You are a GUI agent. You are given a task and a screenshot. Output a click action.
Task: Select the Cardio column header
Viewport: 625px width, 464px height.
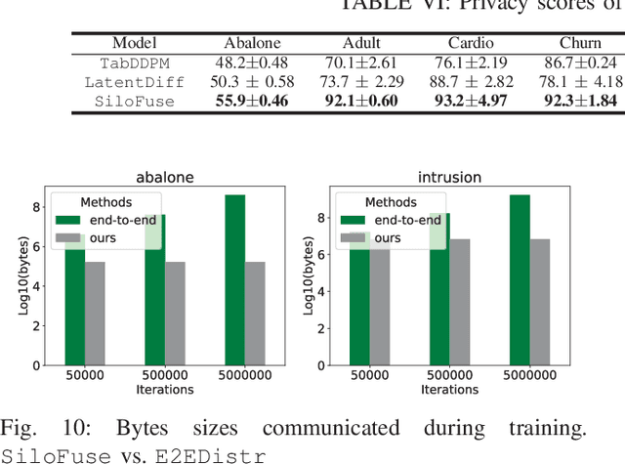click(x=471, y=43)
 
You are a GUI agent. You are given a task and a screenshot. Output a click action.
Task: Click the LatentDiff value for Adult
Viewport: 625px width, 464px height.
click(x=362, y=81)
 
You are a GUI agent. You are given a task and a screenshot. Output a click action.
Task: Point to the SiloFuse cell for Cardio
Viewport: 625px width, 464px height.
click(x=471, y=100)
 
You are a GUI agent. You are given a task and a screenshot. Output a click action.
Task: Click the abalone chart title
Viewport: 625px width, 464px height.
click(x=164, y=179)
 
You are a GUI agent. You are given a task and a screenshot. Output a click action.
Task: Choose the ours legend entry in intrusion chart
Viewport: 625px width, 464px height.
click(x=386, y=237)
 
